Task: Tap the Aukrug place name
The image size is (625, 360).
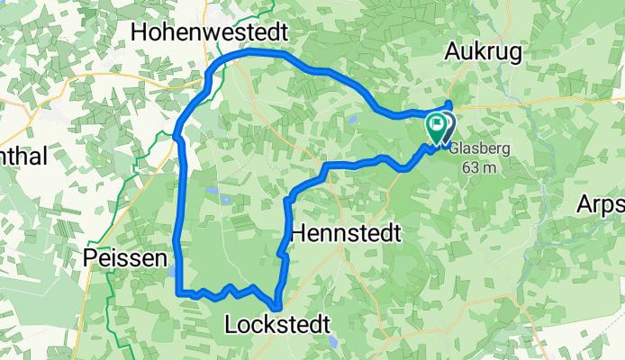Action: click(484, 54)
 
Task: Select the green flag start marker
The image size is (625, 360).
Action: click(436, 126)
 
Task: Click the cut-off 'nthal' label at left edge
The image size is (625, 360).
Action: click(23, 155)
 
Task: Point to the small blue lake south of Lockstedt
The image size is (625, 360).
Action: click(334, 342)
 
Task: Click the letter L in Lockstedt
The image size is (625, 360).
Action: click(231, 323)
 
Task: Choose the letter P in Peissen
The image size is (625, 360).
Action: click(90, 259)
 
